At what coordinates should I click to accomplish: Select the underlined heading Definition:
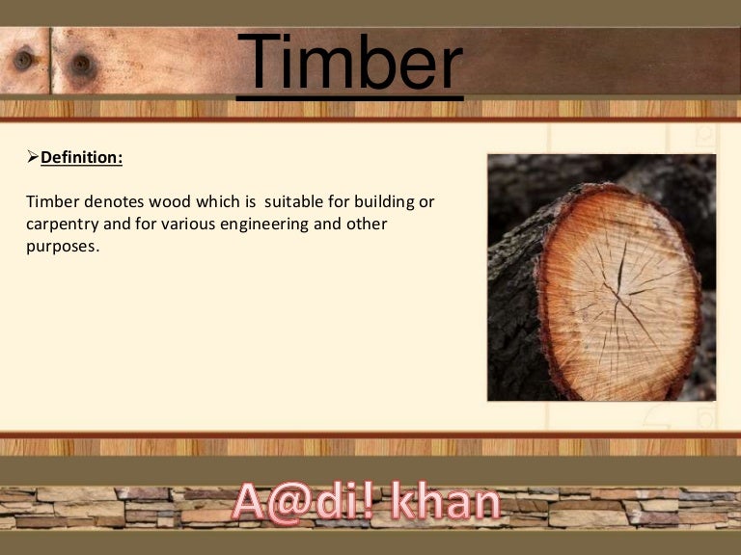pos(82,157)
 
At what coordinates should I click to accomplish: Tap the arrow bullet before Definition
pos(33,156)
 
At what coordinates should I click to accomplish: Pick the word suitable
pos(297,203)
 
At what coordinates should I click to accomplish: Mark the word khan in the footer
pos(449,504)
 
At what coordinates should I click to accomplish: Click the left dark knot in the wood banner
pos(23,60)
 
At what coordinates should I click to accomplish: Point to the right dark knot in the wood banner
pos(81,64)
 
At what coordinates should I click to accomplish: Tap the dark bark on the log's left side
pos(511,308)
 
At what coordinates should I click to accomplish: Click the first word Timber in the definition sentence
pos(50,203)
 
